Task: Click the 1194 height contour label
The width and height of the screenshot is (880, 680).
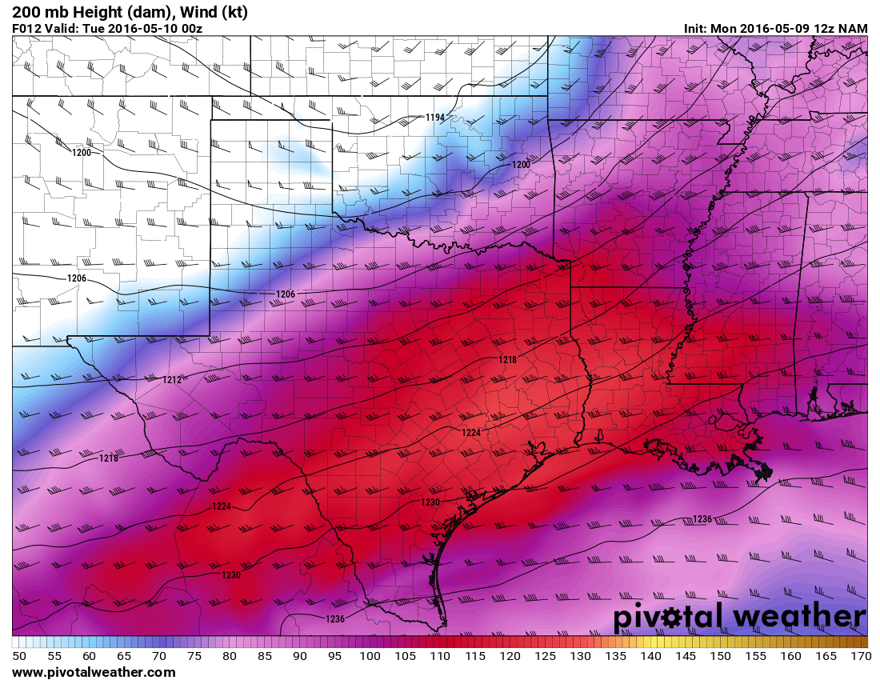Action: click(x=434, y=118)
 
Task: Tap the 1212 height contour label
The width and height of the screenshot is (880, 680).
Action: click(x=172, y=379)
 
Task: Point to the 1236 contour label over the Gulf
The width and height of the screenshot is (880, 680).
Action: click(x=702, y=519)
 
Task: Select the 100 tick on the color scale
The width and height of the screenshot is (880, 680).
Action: click(x=370, y=656)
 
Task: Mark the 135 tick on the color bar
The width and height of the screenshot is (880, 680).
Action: click(x=615, y=656)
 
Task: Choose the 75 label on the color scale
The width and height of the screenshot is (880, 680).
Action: click(x=194, y=656)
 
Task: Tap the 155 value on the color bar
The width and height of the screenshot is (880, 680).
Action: click(x=756, y=656)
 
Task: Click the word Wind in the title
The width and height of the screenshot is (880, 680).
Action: click(x=193, y=12)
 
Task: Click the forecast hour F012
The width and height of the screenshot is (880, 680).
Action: click(x=28, y=28)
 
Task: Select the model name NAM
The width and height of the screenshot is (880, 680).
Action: click(x=853, y=28)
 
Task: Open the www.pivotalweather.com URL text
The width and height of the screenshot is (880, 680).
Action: click(x=93, y=672)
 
